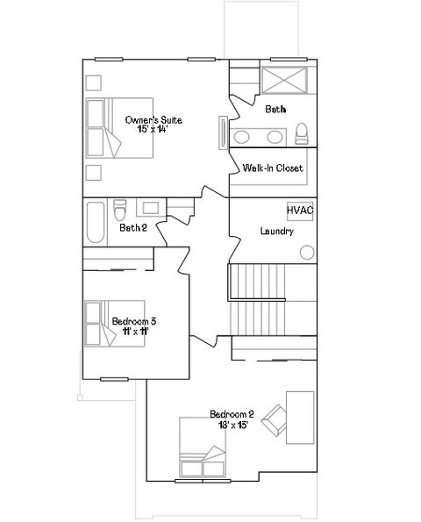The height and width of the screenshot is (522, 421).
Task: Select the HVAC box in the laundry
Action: point(300,211)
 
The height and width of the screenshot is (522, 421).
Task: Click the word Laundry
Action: point(276,232)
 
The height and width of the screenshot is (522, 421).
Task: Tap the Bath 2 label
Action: point(132,228)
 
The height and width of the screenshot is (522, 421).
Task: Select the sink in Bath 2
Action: point(150,209)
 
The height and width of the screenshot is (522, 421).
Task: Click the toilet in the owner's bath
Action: point(302,134)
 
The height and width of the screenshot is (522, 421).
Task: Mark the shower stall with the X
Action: point(287,80)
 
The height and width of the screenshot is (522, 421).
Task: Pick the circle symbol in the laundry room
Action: point(307,253)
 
